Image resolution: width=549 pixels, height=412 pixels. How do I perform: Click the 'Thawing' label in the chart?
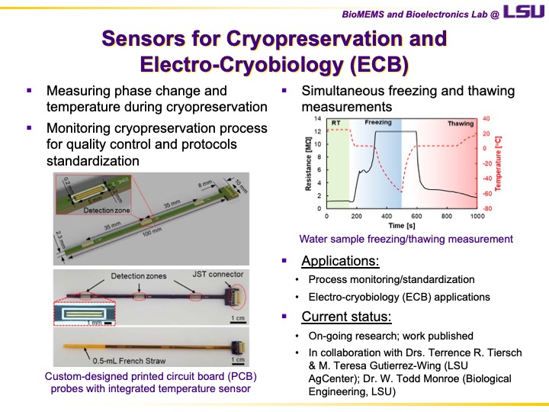[460, 123]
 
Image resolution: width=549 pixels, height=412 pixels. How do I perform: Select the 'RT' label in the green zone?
[336, 122]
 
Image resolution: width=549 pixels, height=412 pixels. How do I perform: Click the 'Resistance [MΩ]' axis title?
[309, 164]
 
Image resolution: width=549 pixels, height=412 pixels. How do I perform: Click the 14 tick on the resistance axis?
[318, 119]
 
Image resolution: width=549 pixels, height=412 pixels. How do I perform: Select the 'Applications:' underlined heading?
[340, 261]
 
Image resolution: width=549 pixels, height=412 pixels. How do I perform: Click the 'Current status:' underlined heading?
[347, 317]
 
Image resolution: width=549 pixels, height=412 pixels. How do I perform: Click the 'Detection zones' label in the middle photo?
[137, 275]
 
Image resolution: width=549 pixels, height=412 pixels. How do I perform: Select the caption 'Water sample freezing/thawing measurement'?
[406, 239]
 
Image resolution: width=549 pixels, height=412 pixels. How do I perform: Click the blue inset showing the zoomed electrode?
[81, 313]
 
